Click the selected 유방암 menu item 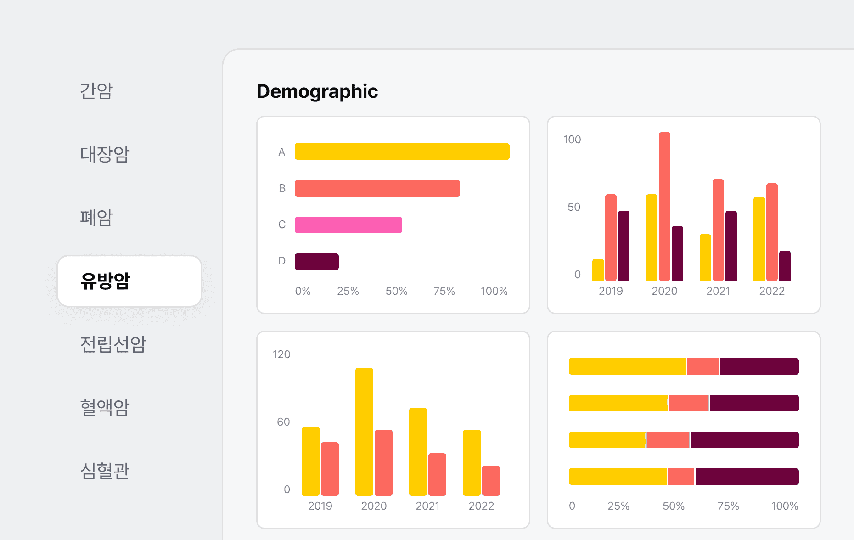pyautogui.click(x=129, y=281)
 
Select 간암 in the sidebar pyautogui.click(x=96, y=90)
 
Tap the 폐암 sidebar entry pyautogui.click(x=96, y=217)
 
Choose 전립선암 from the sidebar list pyautogui.click(x=113, y=344)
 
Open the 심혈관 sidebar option pyautogui.click(x=105, y=471)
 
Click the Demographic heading pyautogui.click(x=317, y=91)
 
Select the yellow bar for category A pyautogui.click(x=402, y=152)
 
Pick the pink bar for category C pyautogui.click(x=348, y=225)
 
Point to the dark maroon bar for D pyautogui.click(x=316, y=262)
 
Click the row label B pyautogui.click(x=282, y=188)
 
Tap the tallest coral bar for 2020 pyautogui.click(x=664, y=207)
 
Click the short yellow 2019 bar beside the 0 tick pyautogui.click(x=598, y=270)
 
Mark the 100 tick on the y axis pyautogui.click(x=572, y=140)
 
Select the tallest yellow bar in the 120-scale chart pyautogui.click(x=364, y=432)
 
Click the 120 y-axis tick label pyautogui.click(x=281, y=354)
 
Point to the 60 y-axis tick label pyautogui.click(x=283, y=422)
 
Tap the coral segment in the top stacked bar pyautogui.click(x=703, y=366)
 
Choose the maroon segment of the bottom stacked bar pyautogui.click(x=747, y=477)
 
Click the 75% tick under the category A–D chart pyautogui.click(x=444, y=291)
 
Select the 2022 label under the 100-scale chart pyautogui.click(x=772, y=291)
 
